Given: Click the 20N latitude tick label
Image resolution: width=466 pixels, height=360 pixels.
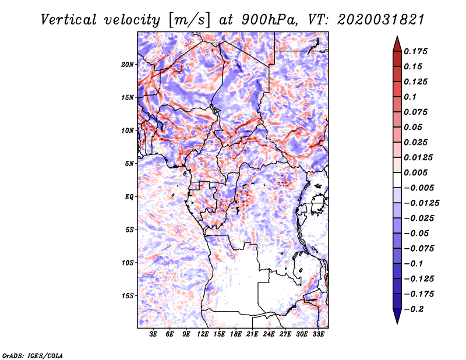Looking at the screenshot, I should (128, 64).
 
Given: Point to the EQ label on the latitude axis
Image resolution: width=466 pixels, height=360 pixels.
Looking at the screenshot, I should (129, 197).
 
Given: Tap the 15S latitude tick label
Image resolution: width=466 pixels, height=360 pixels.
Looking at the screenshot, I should (128, 296).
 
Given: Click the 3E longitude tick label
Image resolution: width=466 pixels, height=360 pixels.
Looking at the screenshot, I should (154, 335).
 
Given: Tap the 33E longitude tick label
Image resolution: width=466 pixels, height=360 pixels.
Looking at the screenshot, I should (319, 335).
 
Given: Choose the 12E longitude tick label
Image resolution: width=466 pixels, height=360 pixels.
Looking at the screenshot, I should (203, 335).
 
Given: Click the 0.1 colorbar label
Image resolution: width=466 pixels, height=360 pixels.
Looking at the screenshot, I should (412, 97).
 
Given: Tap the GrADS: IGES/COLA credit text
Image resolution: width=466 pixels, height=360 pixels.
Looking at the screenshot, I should (33, 355).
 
